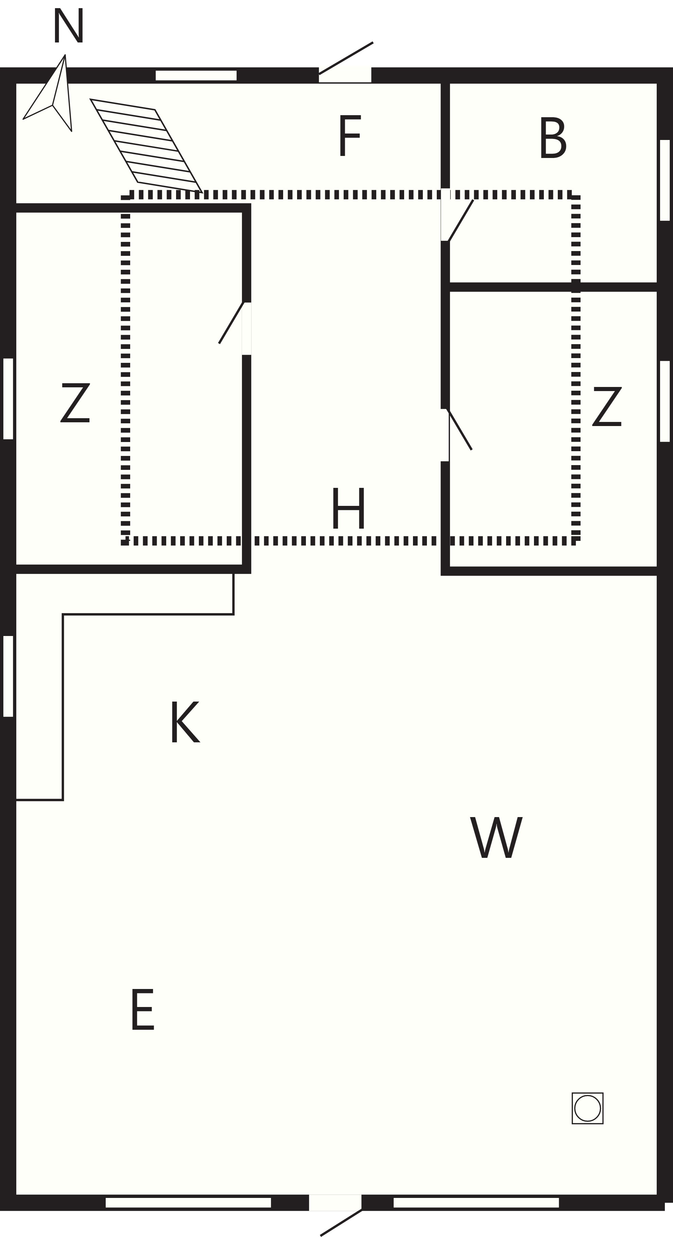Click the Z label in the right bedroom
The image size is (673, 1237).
point(607,406)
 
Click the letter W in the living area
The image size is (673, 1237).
point(496,837)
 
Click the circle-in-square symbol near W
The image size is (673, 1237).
point(587,1108)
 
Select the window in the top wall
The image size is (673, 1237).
point(196,75)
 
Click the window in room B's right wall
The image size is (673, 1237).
point(665,180)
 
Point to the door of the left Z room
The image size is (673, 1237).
point(231,323)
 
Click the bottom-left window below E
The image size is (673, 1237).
point(188,1202)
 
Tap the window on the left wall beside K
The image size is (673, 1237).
point(8,676)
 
